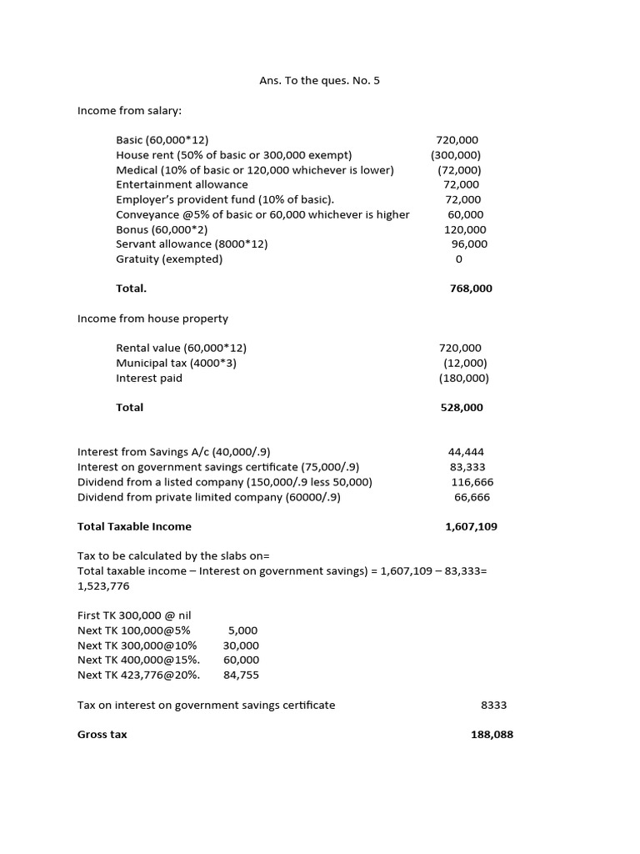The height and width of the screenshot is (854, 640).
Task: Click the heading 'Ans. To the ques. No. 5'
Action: (x=320, y=81)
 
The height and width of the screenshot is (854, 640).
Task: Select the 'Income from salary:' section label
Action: (x=129, y=110)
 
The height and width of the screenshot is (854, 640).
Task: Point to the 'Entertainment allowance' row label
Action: (x=182, y=184)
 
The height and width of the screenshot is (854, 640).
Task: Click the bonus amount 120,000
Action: (x=465, y=229)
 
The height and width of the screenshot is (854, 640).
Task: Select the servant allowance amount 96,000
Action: (x=469, y=244)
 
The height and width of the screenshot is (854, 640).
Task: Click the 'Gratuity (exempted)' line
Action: (x=169, y=259)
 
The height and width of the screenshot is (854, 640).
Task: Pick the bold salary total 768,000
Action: (x=471, y=289)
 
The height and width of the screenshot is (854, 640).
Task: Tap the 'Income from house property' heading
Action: (x=152, y=319)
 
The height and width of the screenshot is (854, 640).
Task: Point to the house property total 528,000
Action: (x=462, y=408)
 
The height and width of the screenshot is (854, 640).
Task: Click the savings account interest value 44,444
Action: (x=466, y=452)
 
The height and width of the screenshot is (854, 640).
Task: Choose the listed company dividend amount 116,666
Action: (x=471, y=482)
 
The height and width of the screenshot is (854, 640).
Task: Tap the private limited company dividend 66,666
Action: (x=472, y=497)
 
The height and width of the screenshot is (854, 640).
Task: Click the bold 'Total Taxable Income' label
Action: (x=134, y=526)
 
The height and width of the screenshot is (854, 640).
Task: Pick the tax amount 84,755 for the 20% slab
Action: (x=241, y=676)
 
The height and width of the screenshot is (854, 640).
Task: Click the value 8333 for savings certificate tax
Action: (x=493, y=706)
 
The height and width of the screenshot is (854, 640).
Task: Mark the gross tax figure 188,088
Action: (x=492, y=735)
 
